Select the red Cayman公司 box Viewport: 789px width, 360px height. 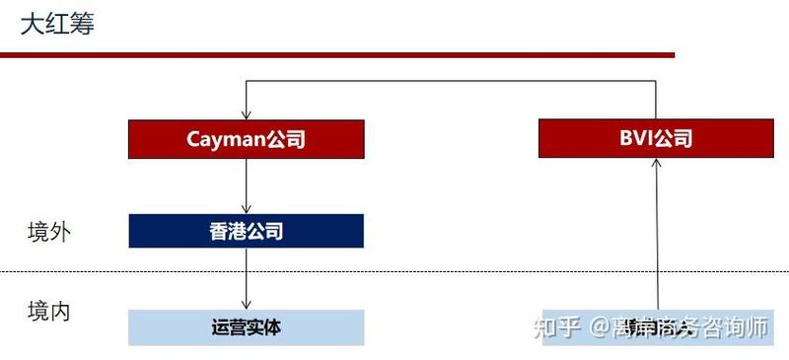pos(246,139)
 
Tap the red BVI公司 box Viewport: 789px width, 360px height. pos(655,138)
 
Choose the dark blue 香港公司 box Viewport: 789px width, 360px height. pos(246,231)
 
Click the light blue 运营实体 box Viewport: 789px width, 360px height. pos(246,326)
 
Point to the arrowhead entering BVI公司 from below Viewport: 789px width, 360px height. pos(655,164)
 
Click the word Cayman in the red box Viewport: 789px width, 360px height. pos(226,139)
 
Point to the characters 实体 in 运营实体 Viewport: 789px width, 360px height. pos(263,326)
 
